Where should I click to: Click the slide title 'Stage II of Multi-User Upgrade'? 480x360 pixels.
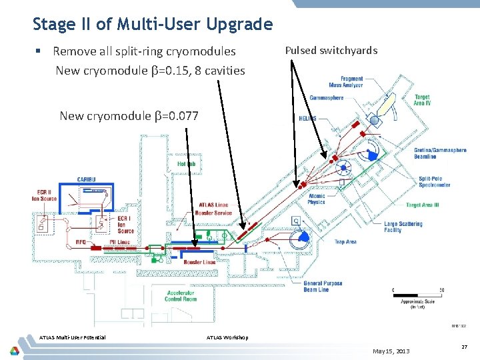point(153,25)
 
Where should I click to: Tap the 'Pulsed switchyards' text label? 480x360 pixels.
point(331,50)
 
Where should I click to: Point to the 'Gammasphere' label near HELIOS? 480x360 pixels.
point(327,98)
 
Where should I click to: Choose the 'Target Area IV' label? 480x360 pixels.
point(421,101)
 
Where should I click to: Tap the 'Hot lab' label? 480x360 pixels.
point(186,164)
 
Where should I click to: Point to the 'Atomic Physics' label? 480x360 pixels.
point(317,199)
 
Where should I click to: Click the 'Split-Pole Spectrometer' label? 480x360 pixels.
point(435,181)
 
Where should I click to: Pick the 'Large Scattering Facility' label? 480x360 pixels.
point(403,227)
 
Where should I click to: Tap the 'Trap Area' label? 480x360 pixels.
point(345,242)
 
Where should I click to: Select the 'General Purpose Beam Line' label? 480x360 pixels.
point(323,286)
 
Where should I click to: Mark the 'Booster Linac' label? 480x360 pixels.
point(199,262)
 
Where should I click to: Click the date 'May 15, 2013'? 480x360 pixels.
point(392,351)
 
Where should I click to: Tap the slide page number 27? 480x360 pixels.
point(464,347)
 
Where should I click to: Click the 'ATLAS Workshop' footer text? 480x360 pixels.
point(227,337)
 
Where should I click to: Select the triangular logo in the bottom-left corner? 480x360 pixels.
point(14,351)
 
